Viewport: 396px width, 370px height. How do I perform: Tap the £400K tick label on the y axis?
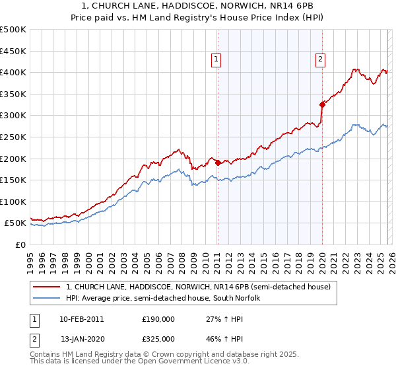[x=13, y=72]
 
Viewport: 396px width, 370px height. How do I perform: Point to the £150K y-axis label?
[x=13, y=180]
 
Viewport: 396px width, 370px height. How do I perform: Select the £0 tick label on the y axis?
[x=20, y=244]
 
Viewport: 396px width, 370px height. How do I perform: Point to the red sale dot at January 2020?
[x=322, y=104]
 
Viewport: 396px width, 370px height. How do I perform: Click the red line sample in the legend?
[x=46, y=287]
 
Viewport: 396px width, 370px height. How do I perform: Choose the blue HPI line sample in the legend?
[x=46, y=298]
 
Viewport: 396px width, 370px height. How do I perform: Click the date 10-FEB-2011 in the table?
[x=81, y=318]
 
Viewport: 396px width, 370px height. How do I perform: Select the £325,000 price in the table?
[x=158, y=340]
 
